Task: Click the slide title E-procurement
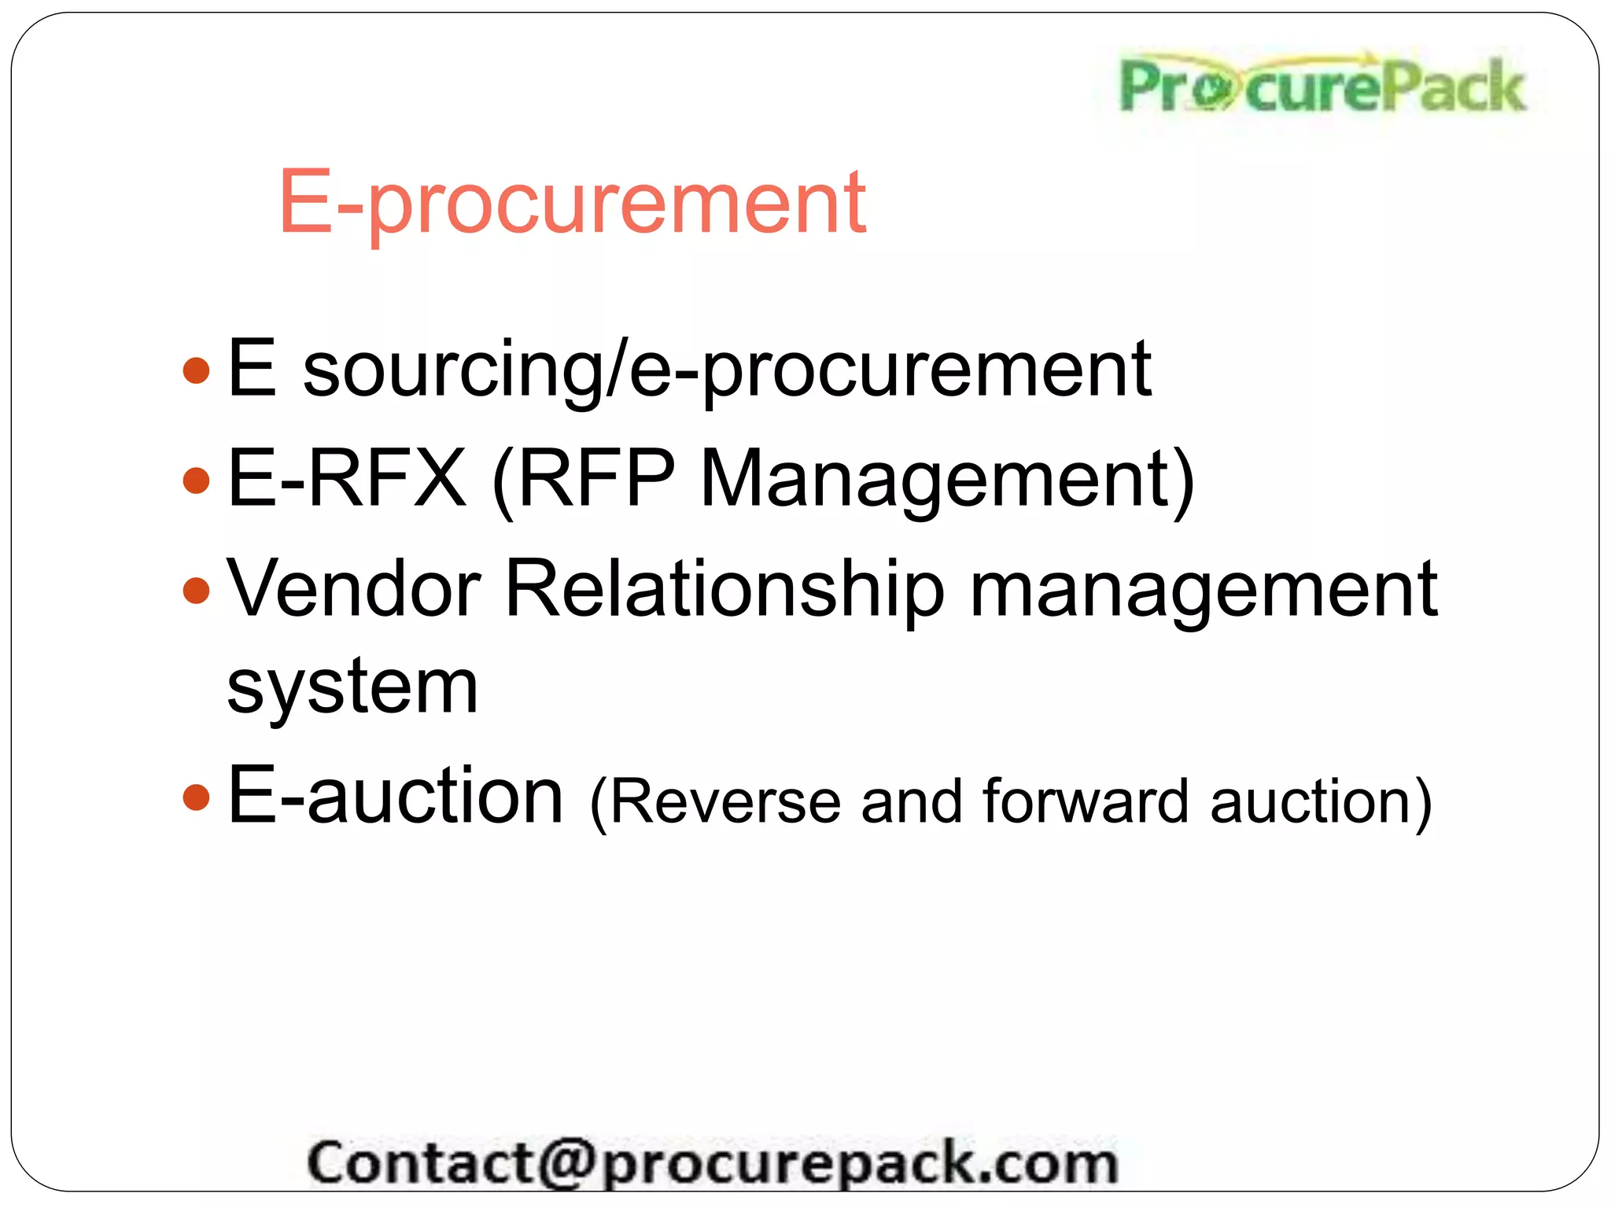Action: click(x=572, y=203)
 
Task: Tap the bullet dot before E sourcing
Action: click(x=196, y=370)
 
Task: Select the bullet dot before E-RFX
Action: click(x=196, y=480)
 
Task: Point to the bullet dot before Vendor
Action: click(x=196, y=590)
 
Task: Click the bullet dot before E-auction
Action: click(x=196, y=797)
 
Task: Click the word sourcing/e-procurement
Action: click(x=727, y=370)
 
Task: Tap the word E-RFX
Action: click(x=346, y=478)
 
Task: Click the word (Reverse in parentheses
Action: click(x=715, y=802)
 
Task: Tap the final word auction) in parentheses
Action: click(x=1322, y=802)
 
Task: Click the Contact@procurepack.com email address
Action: click(x=712, y=1162)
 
